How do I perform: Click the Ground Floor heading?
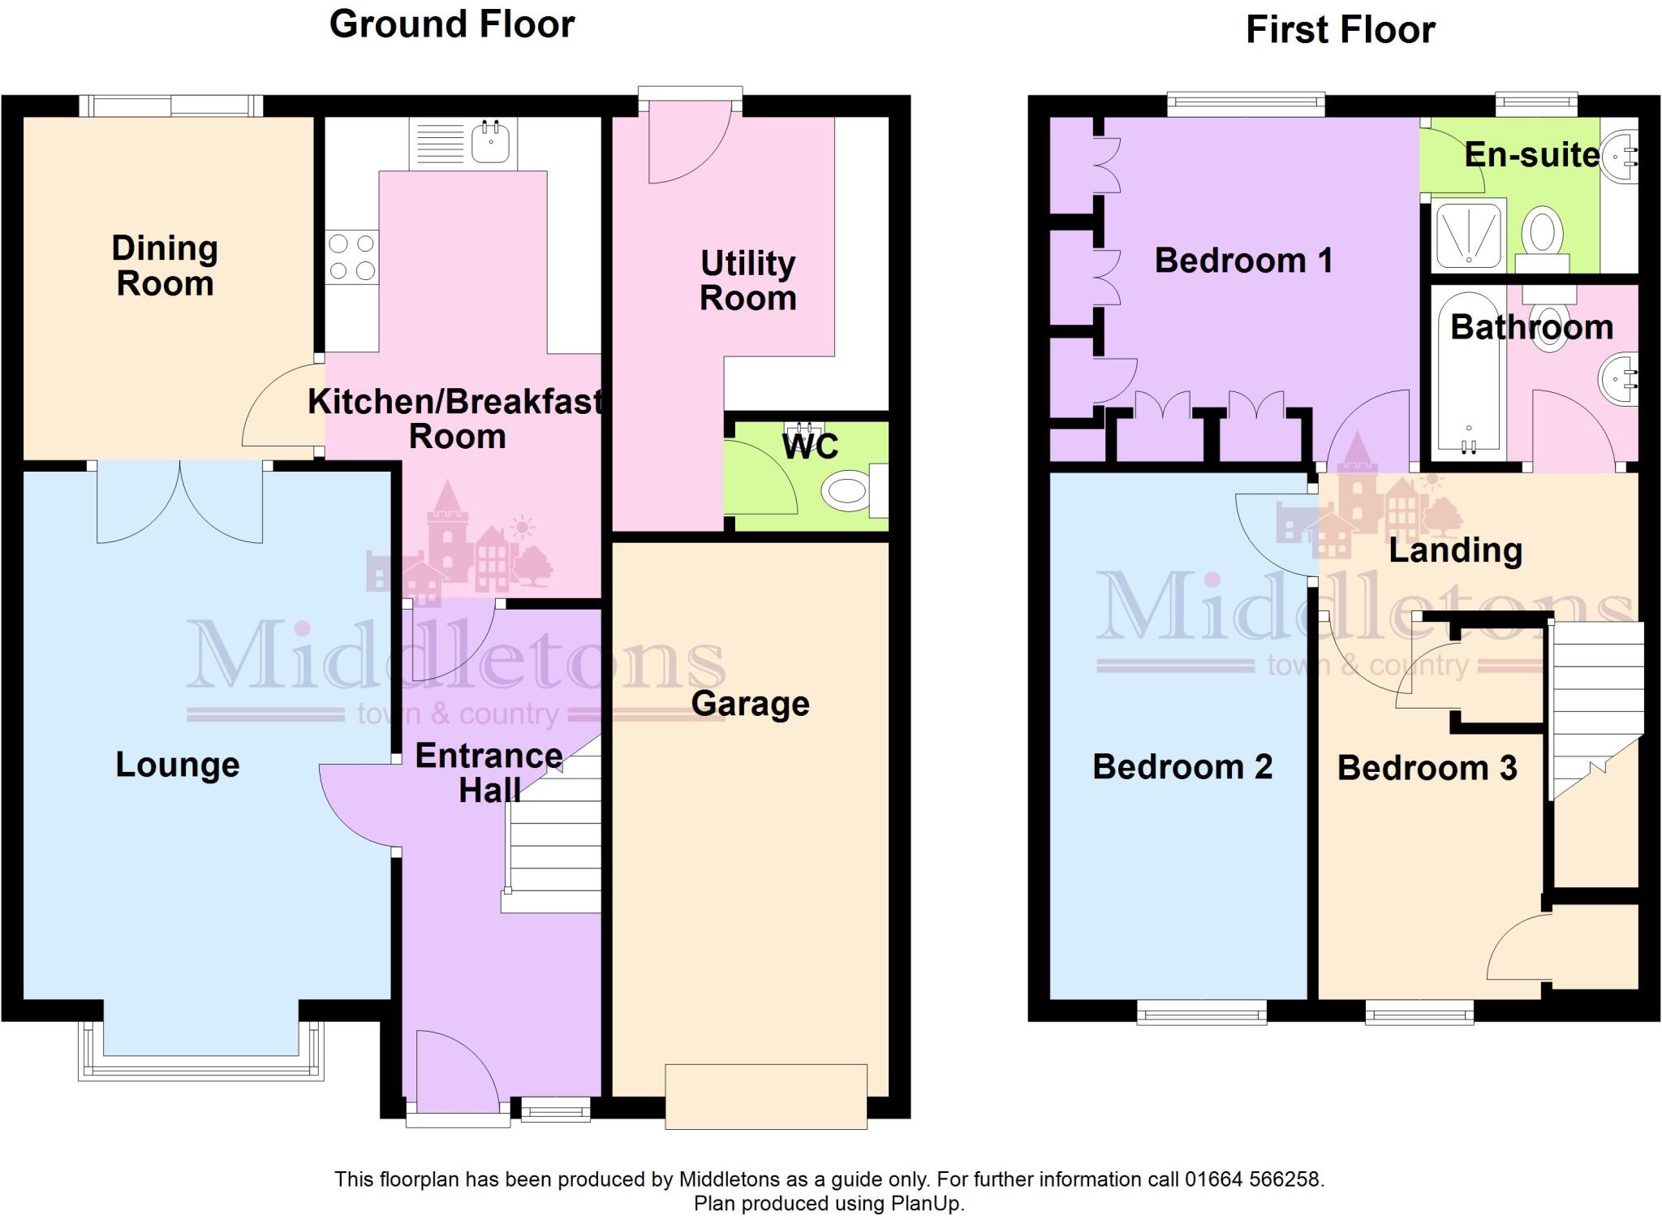[x=452, y=24]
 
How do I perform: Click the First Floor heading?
[x=1340, y=30]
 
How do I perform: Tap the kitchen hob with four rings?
[x=352, y=257]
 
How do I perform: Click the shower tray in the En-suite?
[x=1468, y=235]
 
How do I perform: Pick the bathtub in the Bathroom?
[x=1468, y=373]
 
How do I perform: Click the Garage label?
[x=750, y=704]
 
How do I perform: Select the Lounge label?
[x=177, y=765]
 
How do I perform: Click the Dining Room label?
[x=165, y=265]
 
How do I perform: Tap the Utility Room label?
[x=747, y=280]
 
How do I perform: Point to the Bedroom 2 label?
[x=1182, y=767]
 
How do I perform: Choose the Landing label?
[x=1455, y=550]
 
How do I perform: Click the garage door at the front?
[x=765, y=1095]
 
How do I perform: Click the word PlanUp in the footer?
[x=930, y=1203]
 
